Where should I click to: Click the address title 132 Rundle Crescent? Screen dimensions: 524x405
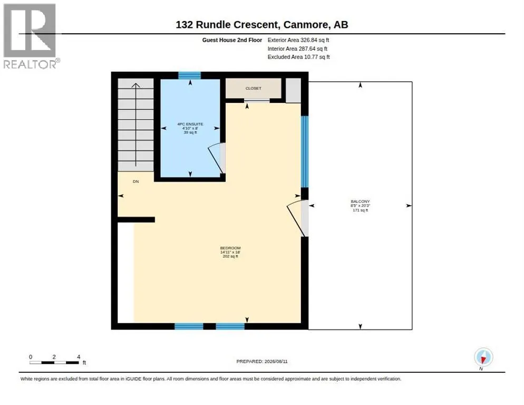tap(227, 25)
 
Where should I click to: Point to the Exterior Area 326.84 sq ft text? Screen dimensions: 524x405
tap(298, 40)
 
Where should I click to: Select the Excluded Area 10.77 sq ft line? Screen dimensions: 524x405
tap(299, 57)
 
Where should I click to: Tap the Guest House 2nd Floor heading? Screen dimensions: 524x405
tap(232, 40)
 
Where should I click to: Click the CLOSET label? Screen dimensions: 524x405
tap(254, 88)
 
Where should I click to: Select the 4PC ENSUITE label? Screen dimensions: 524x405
tap(190, 124)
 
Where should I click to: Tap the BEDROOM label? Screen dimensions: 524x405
tap(230, 248)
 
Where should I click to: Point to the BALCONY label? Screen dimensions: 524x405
tap(360, 201)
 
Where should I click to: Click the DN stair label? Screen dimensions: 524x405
tap(135, 181)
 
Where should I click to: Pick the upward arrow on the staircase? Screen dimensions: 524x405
tap(135, 124)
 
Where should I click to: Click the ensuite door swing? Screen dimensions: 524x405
tap(216, 158)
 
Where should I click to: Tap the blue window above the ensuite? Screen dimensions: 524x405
tap(189, 75)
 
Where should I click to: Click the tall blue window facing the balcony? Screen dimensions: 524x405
tap(305, 151)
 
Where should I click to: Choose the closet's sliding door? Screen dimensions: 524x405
tap(257, 100)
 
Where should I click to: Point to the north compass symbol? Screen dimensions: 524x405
tap(483, 357)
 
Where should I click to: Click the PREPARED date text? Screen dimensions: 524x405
tap(261, 362)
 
